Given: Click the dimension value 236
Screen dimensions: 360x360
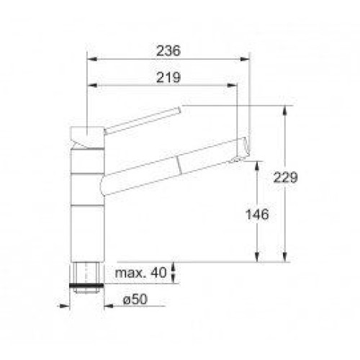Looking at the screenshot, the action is [168, 50].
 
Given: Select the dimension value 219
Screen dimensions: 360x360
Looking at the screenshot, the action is [168, 77].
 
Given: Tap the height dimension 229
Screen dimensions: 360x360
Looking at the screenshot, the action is [285, 178].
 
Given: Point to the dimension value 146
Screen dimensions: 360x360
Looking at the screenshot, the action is [257, 215].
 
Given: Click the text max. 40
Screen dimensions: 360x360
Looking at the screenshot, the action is [140, 273].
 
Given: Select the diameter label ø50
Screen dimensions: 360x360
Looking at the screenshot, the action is [135, 300].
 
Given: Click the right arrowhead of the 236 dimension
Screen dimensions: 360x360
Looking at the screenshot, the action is [245, 59].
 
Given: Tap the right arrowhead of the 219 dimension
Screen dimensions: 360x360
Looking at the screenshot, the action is [232, 85].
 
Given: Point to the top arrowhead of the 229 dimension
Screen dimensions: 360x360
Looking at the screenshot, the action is [284, 110].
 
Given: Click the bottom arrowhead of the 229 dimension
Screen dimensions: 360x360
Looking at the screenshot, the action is [284, 257].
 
